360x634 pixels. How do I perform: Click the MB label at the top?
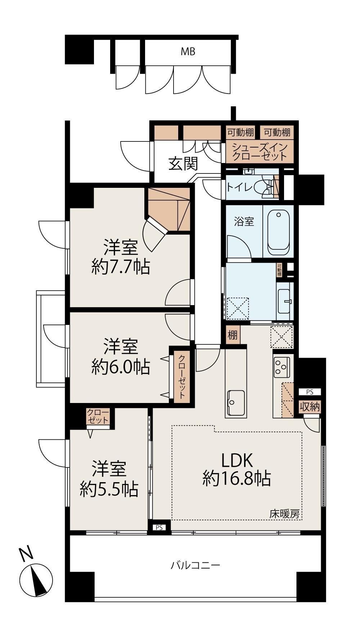coord(188,52)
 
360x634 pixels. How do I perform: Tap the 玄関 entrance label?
coord(184,164)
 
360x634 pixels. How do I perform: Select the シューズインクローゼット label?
coord(260,152)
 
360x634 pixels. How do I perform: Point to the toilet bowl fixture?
coord(266,187)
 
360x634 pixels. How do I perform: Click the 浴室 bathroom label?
coord(244,222)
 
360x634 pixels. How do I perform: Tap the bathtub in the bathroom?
coord(278,231)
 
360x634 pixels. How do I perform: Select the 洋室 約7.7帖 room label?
coord(121,257)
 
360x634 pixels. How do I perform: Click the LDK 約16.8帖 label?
coord(237,469)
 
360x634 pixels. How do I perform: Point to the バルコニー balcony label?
coord(195,565)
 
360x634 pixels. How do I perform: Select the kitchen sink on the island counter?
coord(236,403)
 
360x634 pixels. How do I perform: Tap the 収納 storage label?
coord(310,407)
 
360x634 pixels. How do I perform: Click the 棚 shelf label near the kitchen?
coord(233,335)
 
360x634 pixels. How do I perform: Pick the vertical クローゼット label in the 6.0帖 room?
coord(182,376)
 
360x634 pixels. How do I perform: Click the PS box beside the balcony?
coord(159,528)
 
